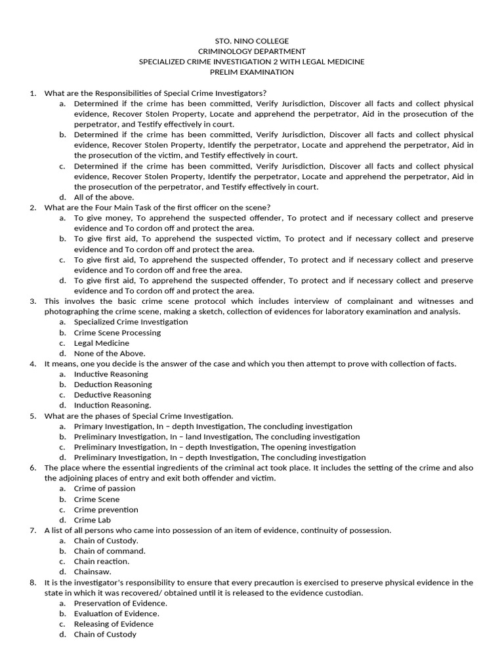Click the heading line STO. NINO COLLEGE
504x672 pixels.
click(x=251, y=41)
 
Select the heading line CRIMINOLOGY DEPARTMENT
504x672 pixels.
click(x=251, y=51)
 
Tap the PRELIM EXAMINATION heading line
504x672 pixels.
click(x=251, y=72)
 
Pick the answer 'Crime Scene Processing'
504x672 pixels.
click(x=117, y=332)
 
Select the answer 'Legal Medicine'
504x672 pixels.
click(x=101, y=343)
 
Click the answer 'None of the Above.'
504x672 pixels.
click(x=110, y=353)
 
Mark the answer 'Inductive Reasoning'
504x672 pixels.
click(x=111, y=374)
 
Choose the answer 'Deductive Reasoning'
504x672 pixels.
click(x=112, y=395)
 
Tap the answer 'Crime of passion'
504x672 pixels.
click(x=104, y=488)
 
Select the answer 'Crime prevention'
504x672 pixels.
click(x=106, y=509)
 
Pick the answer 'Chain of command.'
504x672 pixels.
click(x=110, y=551)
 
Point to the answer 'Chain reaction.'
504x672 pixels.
click(x=102, y=562)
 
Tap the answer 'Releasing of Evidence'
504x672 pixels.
click(x=114, y=624)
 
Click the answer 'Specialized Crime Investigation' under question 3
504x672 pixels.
click(x=131, y=322)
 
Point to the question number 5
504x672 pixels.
click(x=33, y=416)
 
